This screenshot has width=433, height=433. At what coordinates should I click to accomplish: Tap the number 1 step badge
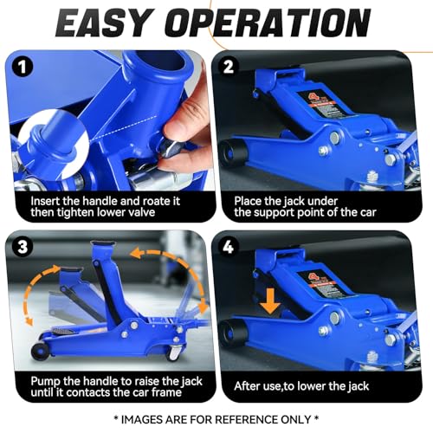point(23,67)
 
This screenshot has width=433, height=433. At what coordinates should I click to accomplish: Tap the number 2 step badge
point(229,67)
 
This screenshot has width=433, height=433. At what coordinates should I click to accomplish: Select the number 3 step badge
point(23,247)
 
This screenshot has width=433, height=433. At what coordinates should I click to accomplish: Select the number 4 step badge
point(229,247)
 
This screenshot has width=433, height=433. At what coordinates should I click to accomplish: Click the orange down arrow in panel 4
point(270,301)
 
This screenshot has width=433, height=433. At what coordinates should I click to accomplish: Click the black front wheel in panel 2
point(234,153)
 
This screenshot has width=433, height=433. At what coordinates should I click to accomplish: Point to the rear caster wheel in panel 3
point(173,352)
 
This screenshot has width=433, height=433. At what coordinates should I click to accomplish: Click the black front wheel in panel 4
point(234,333)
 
